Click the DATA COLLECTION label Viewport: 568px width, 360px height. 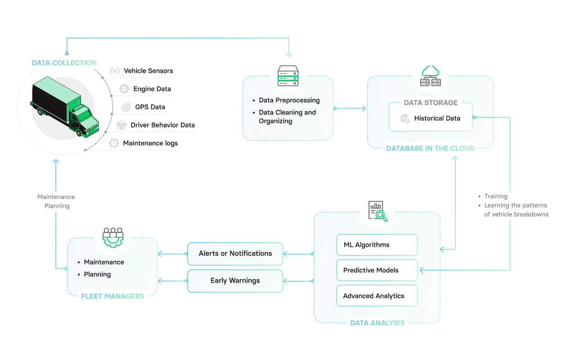coord(64,63)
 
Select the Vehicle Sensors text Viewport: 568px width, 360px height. coord(148,71)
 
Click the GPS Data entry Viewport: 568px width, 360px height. coord(150,107)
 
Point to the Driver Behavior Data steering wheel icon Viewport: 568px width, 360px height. coord(121,125)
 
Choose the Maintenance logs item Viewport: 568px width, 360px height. coord(150,143)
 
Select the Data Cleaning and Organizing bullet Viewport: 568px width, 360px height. coord(287,117)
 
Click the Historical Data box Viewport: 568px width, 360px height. coord(431,118)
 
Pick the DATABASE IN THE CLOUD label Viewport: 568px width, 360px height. coord(430,148)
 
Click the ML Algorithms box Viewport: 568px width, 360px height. coord(377,245)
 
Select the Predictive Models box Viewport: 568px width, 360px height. coord(377,270)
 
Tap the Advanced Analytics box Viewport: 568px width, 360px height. coord(377,296)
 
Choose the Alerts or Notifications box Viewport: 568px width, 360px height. coord(235,254)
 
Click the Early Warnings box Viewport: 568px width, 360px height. coord(235,281)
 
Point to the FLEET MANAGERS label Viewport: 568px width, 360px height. coord(112,297)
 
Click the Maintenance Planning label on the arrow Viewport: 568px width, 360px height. coord(56,201)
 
